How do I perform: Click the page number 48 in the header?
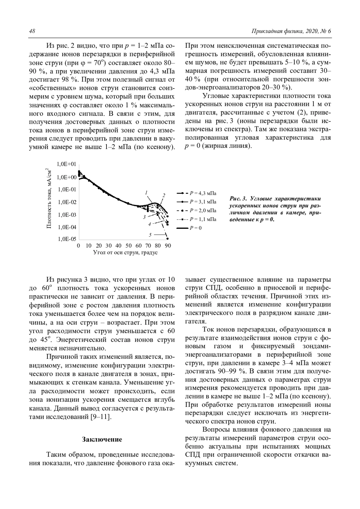coord(32,31)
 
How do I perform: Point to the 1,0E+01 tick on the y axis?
coord(67,164)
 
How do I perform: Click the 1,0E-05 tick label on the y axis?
coord(67,239)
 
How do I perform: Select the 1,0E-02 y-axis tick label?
coord(67,202)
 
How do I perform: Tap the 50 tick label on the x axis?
coord(128,246)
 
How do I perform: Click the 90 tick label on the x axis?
coord(168,246)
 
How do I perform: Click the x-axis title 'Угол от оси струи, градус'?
coord(125,252)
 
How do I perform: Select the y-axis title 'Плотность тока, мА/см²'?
coord(49,198)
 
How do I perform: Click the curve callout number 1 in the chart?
coord(146,192)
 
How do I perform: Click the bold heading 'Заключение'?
coord(102,439)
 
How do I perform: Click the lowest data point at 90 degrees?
coord(167,239)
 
